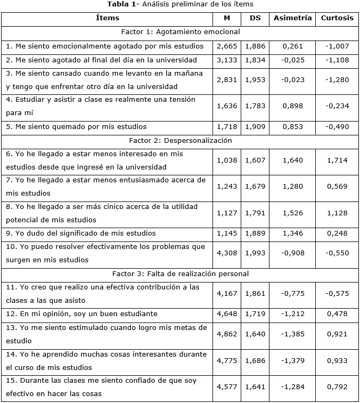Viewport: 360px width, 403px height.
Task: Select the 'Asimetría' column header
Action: click(292, 18)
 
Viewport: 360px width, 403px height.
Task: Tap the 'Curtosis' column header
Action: click(337, 18)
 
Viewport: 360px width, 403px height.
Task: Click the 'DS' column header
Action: click(255, 18)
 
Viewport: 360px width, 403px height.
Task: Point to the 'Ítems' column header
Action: click(108, 18)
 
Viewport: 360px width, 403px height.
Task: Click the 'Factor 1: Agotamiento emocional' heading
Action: click(181, 32)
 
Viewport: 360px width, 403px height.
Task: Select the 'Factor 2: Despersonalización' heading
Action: click(181, 141)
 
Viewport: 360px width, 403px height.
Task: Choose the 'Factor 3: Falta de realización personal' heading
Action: click(181, 274)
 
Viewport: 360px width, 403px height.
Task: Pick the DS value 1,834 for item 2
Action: click(255, 60)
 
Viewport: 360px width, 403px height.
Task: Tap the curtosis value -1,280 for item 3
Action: click(337, 80)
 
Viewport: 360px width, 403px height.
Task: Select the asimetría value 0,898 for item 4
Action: click(292, 106)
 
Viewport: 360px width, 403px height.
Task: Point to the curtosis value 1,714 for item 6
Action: click(337, 160)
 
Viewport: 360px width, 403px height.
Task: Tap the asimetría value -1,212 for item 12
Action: click(292, 314)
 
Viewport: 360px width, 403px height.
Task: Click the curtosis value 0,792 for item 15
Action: click(337, 388)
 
